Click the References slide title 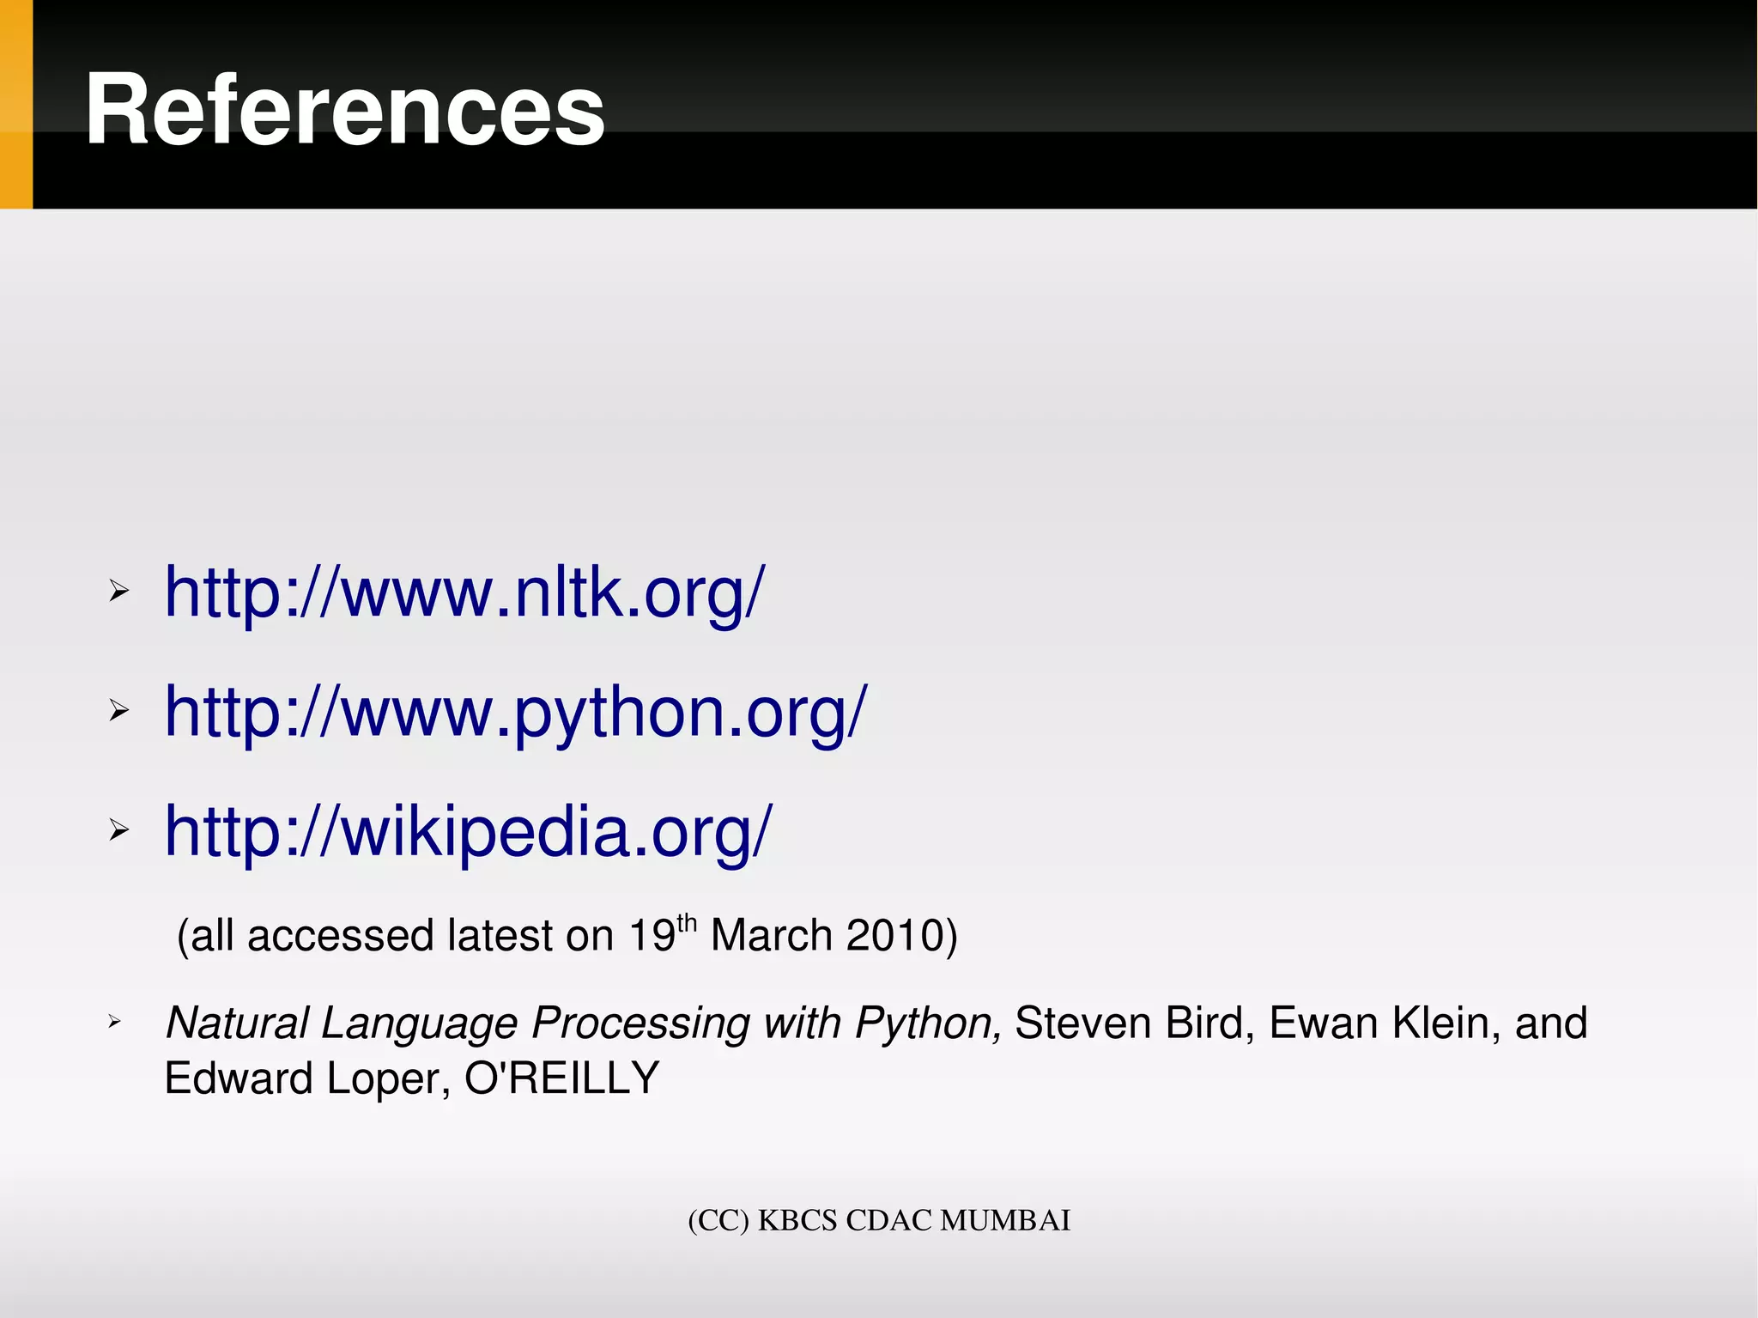coord(345,110)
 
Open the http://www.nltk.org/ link coord(464,592)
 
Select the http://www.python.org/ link coord(515,712)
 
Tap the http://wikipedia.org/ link coord(468,831)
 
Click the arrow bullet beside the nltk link coord(118,591)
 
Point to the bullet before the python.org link coord(118,710)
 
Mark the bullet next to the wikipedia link coord(118,829)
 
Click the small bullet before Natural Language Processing coord(114,1021)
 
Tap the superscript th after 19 coord(687,923)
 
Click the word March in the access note coord(772,935)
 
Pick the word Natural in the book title coord(237,1023)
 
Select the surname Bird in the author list coord(1210,1023)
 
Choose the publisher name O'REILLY coord(561,1078)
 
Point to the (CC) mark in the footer coord(718,1220)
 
